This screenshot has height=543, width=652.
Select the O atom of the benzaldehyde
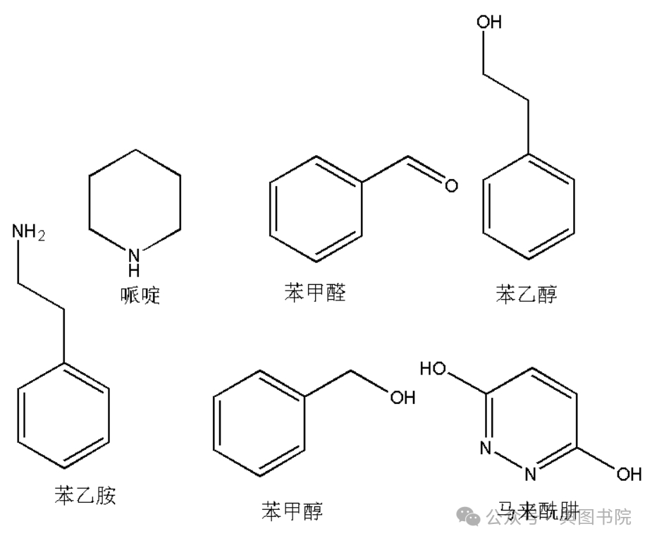pos(450,186)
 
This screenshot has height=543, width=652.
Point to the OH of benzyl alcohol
pos(402,398)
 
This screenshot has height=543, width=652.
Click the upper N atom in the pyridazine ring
pos(484,447)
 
